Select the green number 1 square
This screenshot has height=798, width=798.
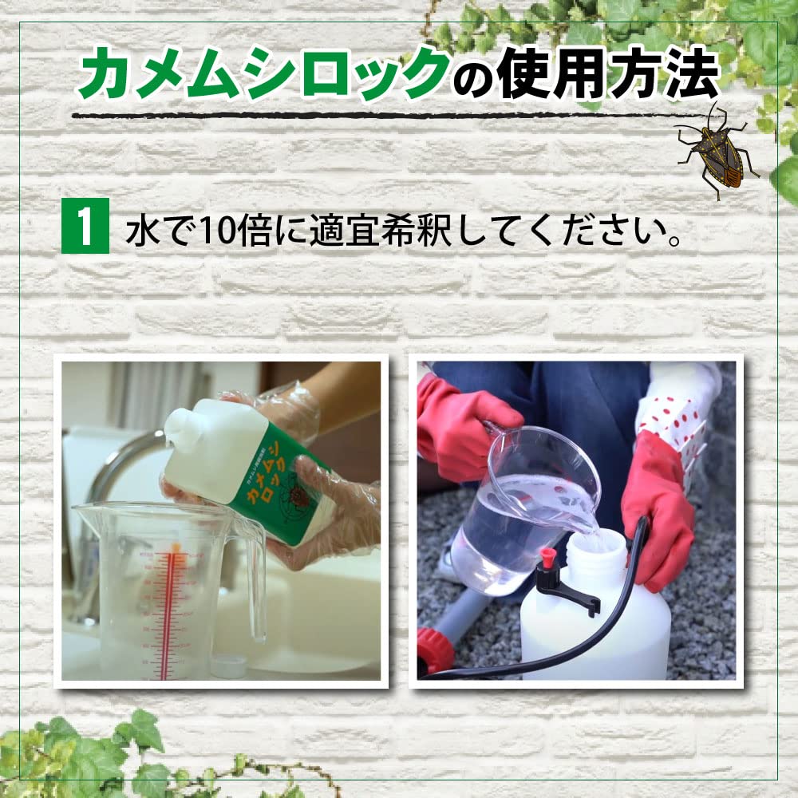pyautogui.click(x=85, y=230)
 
